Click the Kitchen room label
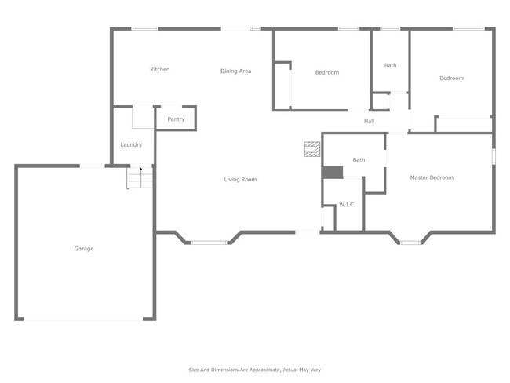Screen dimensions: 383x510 pos(160,70)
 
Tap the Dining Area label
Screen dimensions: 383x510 pos(235,71)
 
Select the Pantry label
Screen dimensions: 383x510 pos(176,119)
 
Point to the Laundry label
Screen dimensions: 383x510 pos(131,144)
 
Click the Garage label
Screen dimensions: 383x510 pos(84,249)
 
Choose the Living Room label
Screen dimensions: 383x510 pos(240,180)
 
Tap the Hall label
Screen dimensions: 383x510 pos(369,121)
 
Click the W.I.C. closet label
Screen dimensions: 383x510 pos(348,206)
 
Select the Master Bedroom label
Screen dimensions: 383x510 pos(432,177)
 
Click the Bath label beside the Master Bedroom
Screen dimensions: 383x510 pos(359,160)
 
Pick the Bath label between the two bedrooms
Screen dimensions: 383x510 pos(390,65)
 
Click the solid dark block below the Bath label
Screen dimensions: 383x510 pos(333,173)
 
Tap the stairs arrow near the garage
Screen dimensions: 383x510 pos(140,169)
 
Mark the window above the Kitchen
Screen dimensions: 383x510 pos(144,29)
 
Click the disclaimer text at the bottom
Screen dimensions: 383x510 pos(255,370)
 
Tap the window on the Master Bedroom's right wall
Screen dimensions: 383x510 pos(494,156)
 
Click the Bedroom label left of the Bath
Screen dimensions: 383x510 pos(327,72)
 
